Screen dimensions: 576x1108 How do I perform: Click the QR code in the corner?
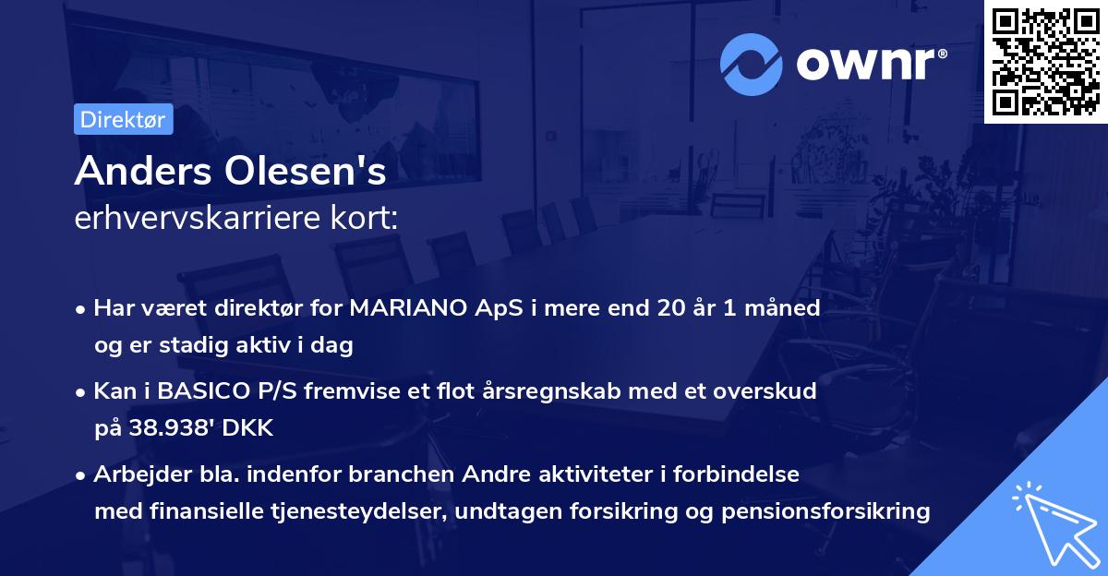click(1045, 62)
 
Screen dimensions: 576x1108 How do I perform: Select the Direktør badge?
click(123, 119)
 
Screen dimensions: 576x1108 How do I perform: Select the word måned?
click(784, 308)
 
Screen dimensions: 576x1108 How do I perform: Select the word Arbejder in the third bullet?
click(133, 474)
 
